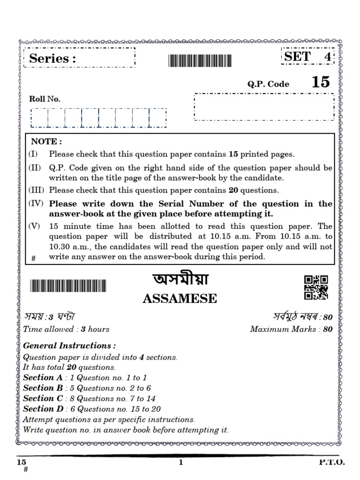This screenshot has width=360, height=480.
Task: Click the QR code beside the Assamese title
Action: click(x=316, y=287)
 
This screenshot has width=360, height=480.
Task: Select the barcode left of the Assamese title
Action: click(x=68, y=286)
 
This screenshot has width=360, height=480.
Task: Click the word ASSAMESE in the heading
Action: click(x=180, y=299)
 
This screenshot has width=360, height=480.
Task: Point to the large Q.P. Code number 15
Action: click(x=321, y=82)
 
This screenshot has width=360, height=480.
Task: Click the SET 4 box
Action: click(x=307, y=57)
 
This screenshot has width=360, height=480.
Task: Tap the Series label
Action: click(x=52, y=59)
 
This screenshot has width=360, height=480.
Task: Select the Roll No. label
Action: click(x=45, y=99)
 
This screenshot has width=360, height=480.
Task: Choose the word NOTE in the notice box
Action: click(x=46, y=141)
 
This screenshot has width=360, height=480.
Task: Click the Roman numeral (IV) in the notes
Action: click(x=36, y=203)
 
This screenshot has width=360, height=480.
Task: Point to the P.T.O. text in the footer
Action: click(x=332, y=462)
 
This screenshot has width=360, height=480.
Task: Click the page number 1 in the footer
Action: click(x=180, y=463)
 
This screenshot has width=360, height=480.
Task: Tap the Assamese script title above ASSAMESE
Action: click(x=180, y=280)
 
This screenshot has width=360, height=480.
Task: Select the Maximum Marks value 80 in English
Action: click(x=328, y=329)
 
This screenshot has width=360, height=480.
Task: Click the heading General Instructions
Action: click(x=69, y=346)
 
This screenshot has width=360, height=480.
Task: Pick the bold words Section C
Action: click(x=43, y=398)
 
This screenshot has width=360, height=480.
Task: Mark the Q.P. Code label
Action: click(x=268, y=84)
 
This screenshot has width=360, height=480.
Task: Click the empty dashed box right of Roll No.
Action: click(x=264, y=107)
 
